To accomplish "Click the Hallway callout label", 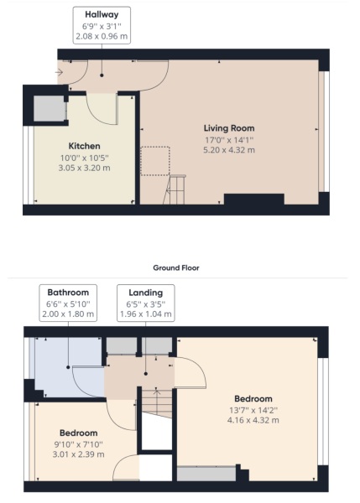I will (101, 14).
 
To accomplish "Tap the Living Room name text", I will (228, 128).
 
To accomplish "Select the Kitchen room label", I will (85, 144).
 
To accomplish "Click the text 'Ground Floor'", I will (180, 267).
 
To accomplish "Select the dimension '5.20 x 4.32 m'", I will (228, 150).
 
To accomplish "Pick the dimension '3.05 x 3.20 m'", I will (85, 167).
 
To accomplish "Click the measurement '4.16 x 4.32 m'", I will (253, 420).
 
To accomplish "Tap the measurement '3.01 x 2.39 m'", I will (79, 454).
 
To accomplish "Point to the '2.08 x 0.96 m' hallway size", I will (101, 37).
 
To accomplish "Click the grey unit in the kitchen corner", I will (45, 110).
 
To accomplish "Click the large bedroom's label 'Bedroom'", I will (253, 398).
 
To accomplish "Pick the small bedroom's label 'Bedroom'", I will (79, 433).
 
